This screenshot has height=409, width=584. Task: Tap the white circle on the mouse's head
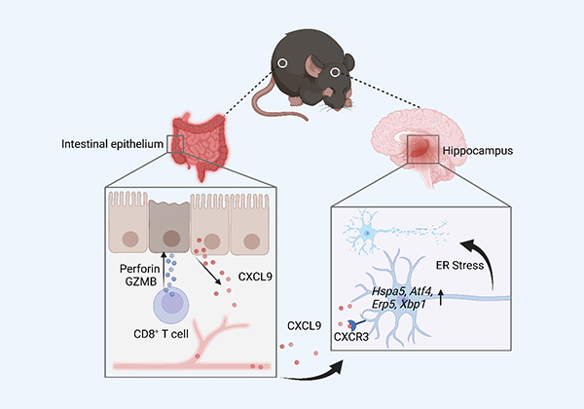pyautogui.click(x=337, y=71)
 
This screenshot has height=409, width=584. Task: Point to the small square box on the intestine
pyautogui.click(x=176, y=144)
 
